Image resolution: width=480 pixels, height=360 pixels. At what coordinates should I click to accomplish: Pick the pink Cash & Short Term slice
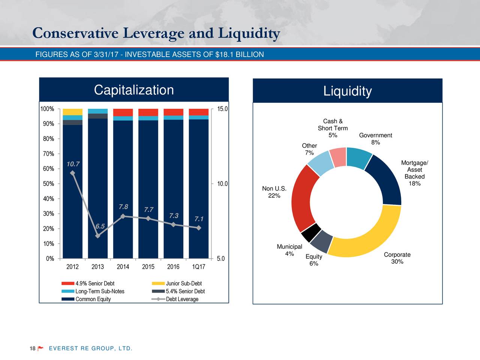pos(338,157)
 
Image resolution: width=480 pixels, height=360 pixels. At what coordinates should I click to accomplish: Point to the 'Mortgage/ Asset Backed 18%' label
pos(414,173)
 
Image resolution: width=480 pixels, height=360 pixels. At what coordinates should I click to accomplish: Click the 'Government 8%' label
pos(375,139)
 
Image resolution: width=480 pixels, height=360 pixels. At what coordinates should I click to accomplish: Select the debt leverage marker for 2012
pos(72,173)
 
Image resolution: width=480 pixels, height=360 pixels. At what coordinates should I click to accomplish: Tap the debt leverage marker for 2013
pos(98,236)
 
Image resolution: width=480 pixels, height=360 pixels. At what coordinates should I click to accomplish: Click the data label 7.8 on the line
pos(123,207)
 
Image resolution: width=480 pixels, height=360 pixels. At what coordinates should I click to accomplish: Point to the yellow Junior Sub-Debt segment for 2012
pos(72,112)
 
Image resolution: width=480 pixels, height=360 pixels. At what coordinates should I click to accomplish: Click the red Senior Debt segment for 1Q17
pos(199,112)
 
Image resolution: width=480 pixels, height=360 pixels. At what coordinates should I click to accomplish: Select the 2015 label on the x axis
pos(148,267)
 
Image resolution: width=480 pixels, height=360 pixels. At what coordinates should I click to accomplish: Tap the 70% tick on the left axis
pos(48,154)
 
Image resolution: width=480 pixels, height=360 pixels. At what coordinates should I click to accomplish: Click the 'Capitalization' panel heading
pos(134,90)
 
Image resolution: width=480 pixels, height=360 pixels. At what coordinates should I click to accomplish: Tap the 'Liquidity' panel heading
pos(348,91)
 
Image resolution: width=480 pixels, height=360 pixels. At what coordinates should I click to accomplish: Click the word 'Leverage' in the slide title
pos(154,34)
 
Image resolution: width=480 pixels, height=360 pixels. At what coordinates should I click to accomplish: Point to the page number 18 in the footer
pos(33,349)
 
